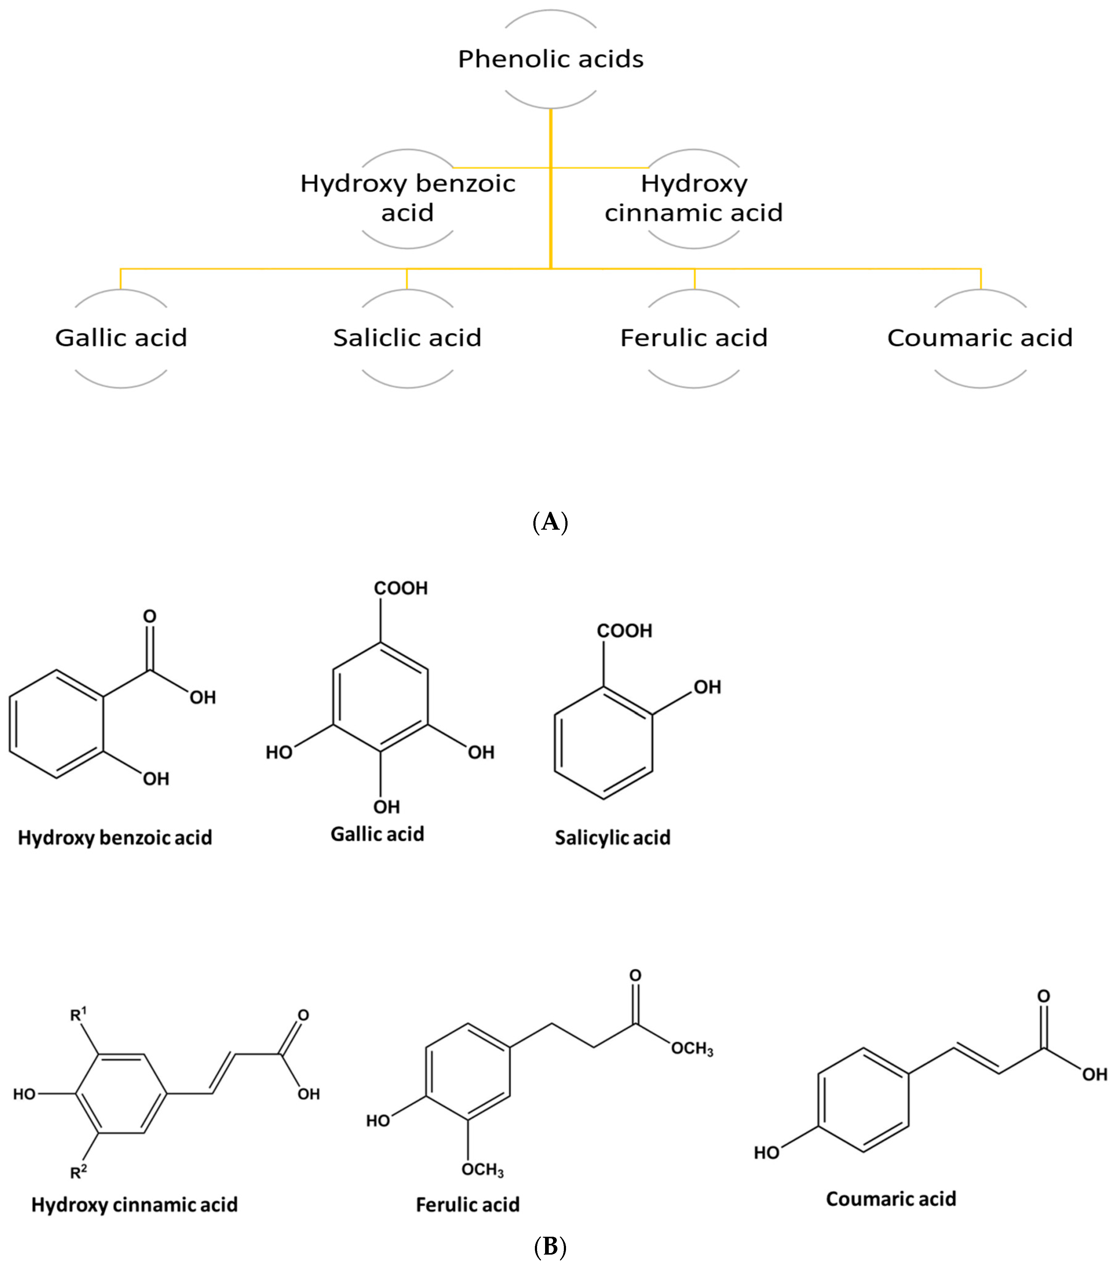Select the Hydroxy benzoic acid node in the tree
click(x=408, y=198)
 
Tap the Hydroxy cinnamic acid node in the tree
click(x=694, y=198)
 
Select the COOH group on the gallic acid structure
click(x=401, y=588)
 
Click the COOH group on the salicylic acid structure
click(x=624, y=631)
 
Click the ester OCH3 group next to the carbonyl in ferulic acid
click(x=692, y=1050)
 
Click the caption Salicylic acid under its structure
click(x=613, y=838)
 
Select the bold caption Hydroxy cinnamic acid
click(x=134, y=1205)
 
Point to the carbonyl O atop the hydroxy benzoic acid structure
click(x=149, y=616)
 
